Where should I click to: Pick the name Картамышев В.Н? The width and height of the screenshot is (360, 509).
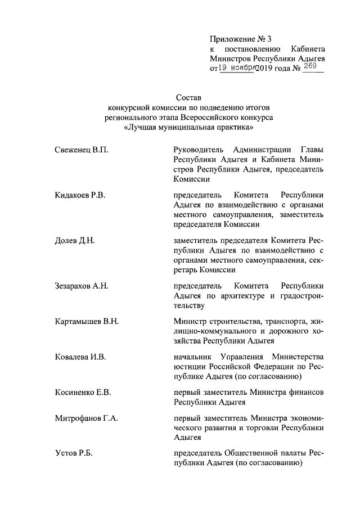(x=87, y=321)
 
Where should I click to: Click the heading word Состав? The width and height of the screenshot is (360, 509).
(x=188, y=98)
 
